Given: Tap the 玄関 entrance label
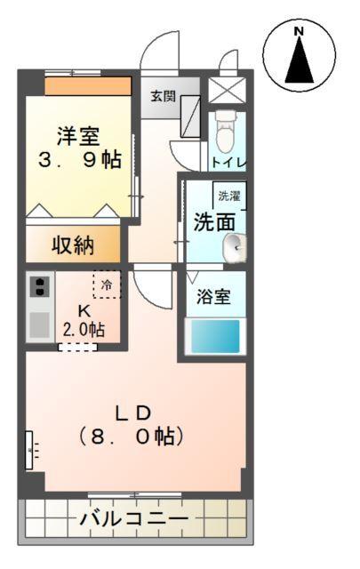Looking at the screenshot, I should (162, 95).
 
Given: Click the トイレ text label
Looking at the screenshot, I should (228, 163).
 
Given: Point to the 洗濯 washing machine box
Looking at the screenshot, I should (229, 196).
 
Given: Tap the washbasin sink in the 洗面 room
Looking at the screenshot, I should (235, 248).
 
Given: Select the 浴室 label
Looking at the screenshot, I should (213, 297).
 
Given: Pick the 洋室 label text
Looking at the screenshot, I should (78, 138).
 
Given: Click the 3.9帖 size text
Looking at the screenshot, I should (78, 163).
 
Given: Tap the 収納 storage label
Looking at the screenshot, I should (72, 245).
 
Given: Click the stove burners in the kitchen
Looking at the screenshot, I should (39, 286).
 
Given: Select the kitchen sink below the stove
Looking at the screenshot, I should (39, 325).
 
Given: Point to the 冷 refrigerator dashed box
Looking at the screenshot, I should (107, 284).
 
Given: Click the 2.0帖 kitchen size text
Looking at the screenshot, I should (84, 330).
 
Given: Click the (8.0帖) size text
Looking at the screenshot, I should (132, 437).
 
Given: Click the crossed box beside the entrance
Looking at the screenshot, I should (222, 91).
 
